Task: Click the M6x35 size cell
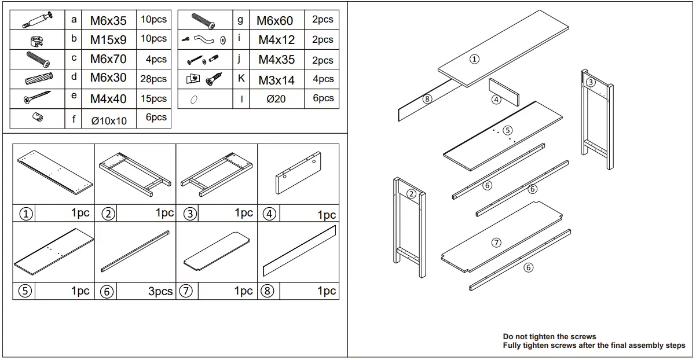tap(108, 20)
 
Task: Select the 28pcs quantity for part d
tap(153, 79)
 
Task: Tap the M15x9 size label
tap(108, 40)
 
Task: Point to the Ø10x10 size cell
tap(108, 120)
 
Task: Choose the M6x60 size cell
tap(274, 21)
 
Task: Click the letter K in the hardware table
tap(241, 78)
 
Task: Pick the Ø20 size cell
tap(276, 99)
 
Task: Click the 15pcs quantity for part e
tap(153, 98)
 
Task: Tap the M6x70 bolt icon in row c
tap(38, 59)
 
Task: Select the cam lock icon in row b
tap(36, 40)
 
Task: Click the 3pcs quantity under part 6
tap(160, 292)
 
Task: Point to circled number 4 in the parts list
tap(269, 214)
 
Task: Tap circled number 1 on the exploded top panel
tap(474, 58)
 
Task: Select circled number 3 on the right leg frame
tap(590, 82)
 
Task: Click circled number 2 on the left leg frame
tap(412, 193)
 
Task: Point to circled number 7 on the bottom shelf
tap(496, 243)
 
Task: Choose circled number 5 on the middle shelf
tap(507, 130)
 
